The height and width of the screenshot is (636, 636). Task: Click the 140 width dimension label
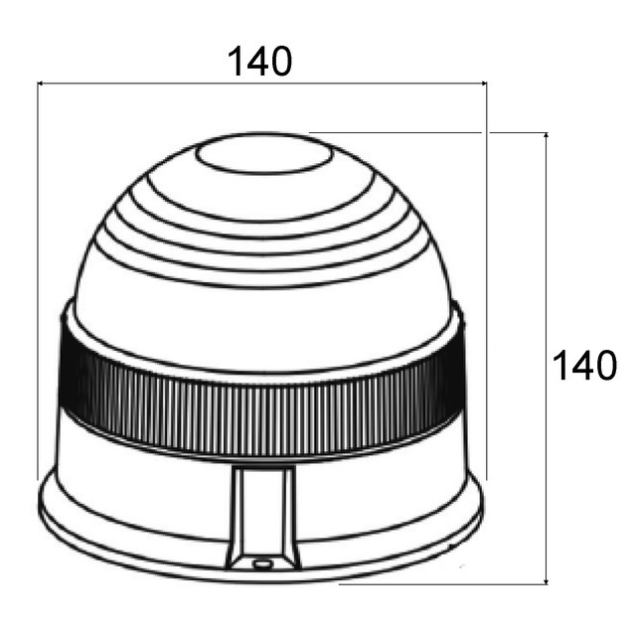pos(260,62)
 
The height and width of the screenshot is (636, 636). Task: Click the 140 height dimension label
pos(584,366)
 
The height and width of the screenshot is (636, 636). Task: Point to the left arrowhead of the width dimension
pos(42,84)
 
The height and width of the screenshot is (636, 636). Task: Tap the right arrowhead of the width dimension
pos(482,84)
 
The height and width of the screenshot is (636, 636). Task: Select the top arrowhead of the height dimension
pos(546,137)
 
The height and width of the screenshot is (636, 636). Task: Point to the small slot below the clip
pos(262,563)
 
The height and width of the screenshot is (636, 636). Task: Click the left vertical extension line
pos(38,278)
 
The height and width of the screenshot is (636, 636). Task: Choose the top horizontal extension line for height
pos(427,132)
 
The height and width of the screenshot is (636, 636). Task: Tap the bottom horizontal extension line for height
pos(447,584)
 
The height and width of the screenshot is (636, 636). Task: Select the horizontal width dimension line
pos(149,84)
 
